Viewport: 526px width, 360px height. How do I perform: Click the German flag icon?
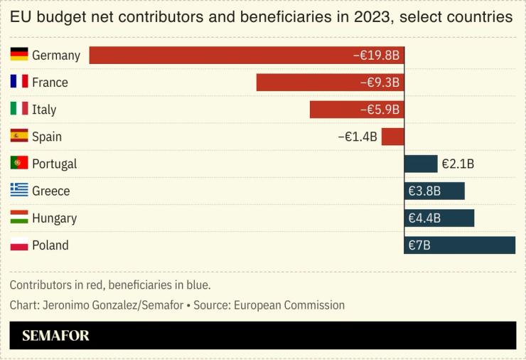tap(19, 55)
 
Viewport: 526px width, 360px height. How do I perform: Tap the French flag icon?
tap(19, 82)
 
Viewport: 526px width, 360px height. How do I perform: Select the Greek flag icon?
tap(19, 190)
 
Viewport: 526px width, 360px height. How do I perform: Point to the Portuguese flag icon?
tap(19, 163)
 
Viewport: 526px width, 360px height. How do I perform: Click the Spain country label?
tap(47, 137)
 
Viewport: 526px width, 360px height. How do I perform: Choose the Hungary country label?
tap(54, 218)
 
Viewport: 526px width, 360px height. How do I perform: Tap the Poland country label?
tap(50, 245)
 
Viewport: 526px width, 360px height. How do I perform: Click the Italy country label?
tap(44, 110)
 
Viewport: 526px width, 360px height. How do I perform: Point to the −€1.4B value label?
tap(357, 137)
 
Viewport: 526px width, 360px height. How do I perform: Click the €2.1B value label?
tap(458, 164)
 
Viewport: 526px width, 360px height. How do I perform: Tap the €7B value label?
tap(419, 245)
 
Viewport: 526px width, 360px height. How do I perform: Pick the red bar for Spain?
tap(392, 137)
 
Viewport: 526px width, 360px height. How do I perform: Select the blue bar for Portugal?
tap(420, 164)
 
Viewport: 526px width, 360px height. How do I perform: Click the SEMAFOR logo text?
tap(55, 336)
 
